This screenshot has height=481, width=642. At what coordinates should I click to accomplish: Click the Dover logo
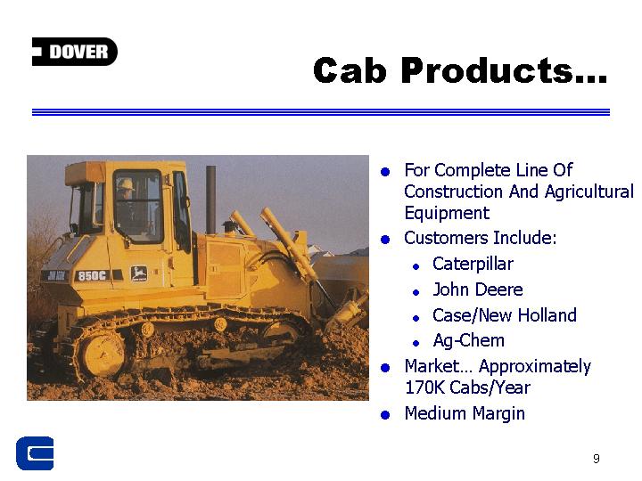[75, 52]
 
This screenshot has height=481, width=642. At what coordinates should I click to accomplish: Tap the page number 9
[597, 459]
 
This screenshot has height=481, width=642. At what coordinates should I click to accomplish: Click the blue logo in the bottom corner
[35, 453]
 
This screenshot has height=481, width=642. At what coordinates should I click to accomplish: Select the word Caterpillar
[473, 265]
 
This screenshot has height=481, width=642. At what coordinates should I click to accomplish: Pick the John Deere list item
[478, 289]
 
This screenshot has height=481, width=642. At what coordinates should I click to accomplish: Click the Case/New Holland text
[505, 315]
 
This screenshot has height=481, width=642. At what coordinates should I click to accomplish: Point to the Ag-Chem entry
[468, 340]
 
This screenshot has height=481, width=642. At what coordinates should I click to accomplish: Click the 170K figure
[424, 387]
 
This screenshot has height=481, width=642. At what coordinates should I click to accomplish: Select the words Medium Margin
[465, 413]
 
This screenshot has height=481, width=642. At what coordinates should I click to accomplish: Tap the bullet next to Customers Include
[385, 240]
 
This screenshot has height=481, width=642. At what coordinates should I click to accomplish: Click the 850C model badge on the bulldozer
[92, 276]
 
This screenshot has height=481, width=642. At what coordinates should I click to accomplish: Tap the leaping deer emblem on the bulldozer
[139, 273]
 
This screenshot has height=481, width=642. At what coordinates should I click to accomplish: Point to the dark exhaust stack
[210, 200]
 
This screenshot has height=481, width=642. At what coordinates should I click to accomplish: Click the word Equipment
[447, 214]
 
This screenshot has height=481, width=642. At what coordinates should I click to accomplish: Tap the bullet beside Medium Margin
[385, 415]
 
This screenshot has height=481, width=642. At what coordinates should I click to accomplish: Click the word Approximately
[535, 367]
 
